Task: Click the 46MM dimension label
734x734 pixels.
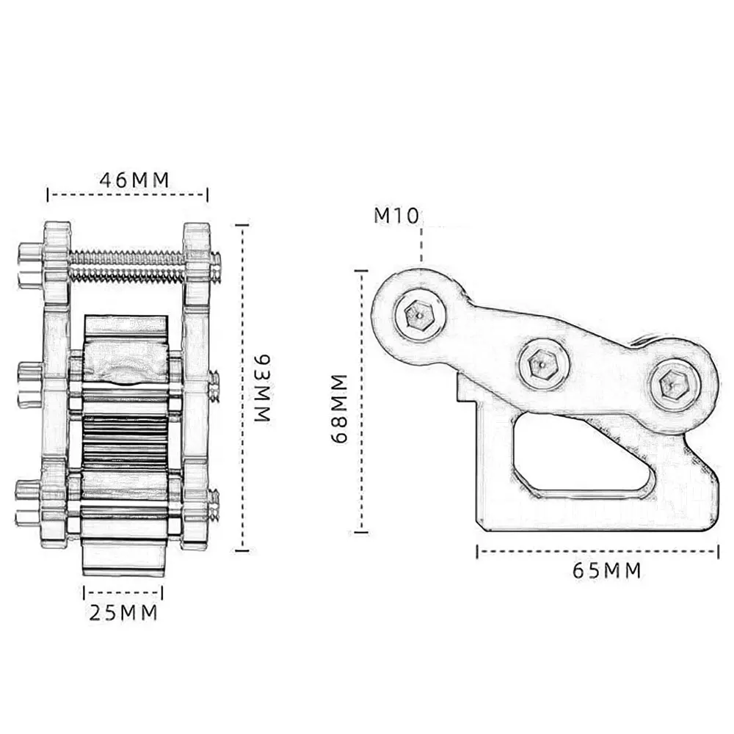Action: tap(134, 180)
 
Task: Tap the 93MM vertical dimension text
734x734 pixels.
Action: tap(263, 388)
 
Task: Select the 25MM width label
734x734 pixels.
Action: tap(123, 613)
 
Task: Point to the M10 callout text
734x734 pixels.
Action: tap(396, 216)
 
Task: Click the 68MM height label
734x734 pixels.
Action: tap(338, 408)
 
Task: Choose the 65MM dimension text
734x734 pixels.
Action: tap(607, 570)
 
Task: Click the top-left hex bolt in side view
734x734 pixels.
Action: tap(419, 315)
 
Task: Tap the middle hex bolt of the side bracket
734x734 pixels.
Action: tap(543, 363)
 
